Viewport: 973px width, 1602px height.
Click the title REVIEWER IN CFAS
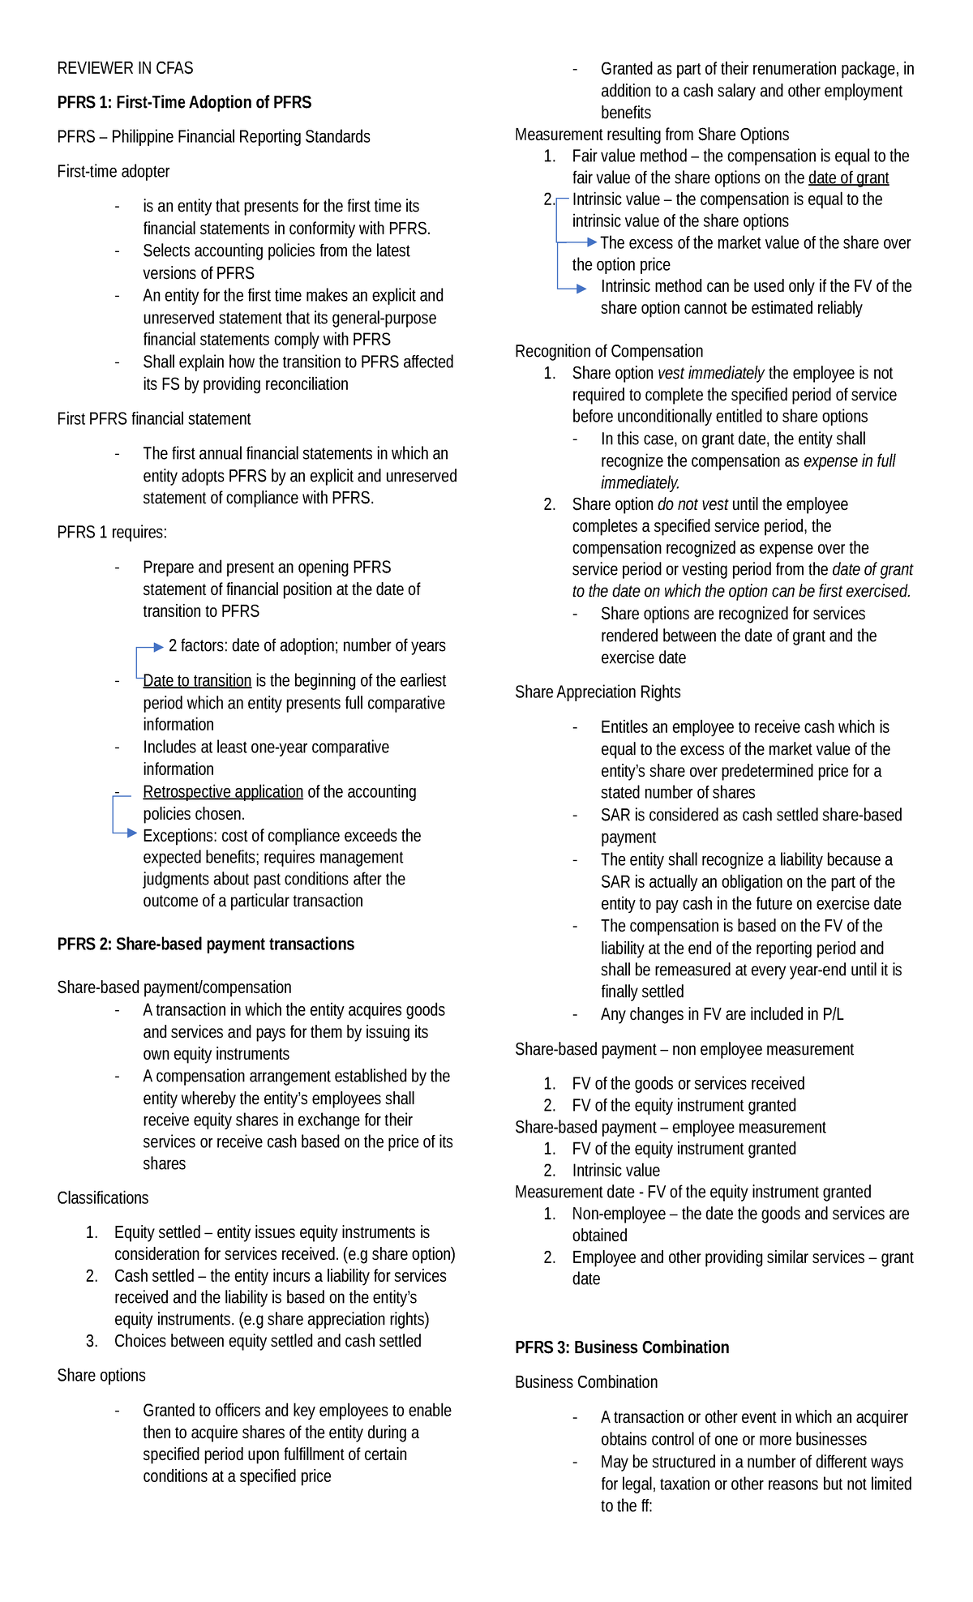point(125,68)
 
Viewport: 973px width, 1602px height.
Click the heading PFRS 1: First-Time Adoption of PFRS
point(184,102)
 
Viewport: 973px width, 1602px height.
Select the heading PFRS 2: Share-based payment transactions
point(205,944)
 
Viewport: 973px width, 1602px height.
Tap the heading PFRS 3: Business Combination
point(622,1347)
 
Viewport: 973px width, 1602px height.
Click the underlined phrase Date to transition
point(197,680)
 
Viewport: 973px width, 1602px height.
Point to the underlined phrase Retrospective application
point(223,791)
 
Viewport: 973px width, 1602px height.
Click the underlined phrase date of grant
point(848,178)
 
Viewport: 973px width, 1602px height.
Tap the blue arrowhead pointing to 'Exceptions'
point(132,833)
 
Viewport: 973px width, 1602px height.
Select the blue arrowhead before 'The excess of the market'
point(592,242)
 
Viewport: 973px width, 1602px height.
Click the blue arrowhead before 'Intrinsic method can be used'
point(581,288)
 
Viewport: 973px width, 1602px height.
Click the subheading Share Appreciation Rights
point(598,692)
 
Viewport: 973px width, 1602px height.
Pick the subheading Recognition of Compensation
point(609,351)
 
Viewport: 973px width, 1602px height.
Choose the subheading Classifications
point(103,1197)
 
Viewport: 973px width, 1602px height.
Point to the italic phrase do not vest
point(692,504)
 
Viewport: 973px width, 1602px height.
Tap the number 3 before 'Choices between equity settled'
point(92,1341)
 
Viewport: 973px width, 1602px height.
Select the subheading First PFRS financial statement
point(154,418)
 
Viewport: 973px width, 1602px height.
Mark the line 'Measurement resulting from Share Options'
point(652,135)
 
